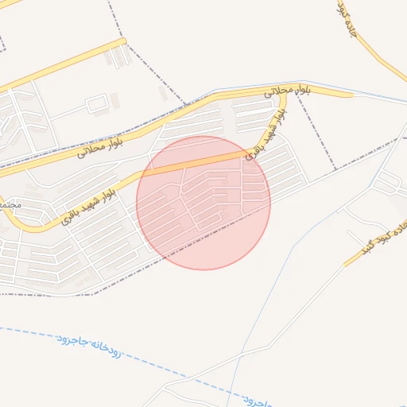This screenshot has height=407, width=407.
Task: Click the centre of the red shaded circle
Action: point(203,203)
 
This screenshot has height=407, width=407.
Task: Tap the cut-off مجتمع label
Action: point(9,205)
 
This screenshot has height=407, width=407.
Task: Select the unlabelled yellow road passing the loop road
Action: point(64,65)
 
